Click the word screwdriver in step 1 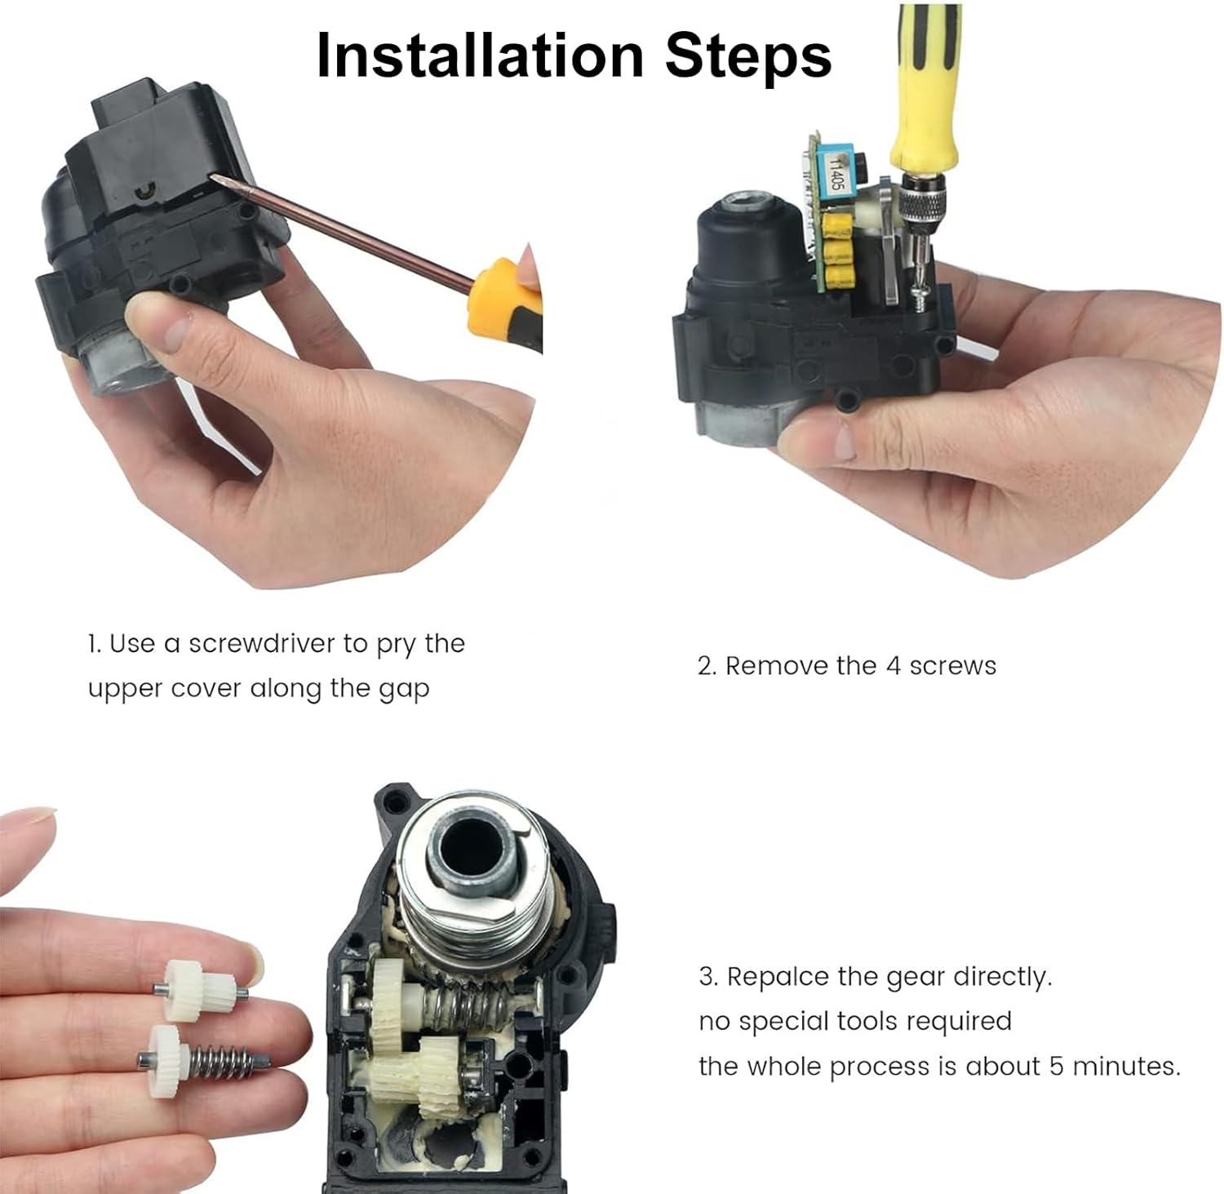tap(262, 644)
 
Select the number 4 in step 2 tap(893, 666)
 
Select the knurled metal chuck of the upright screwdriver tap(920, 207)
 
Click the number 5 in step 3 tap(1056, 1067)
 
